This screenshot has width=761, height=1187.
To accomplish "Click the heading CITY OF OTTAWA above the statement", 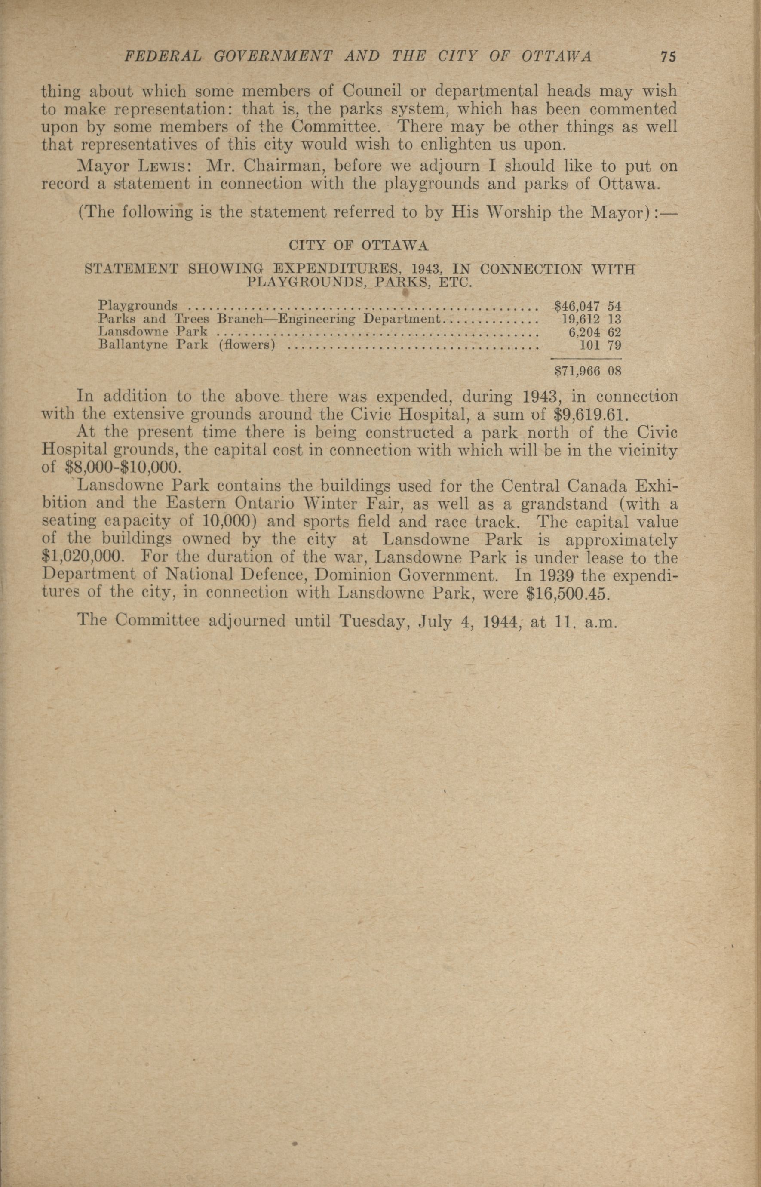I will [358, 246].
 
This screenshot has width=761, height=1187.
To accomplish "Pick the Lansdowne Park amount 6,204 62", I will [595, 332].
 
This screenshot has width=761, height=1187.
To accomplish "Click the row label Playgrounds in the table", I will [138, 305].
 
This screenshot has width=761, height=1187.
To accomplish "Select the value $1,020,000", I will [82, 557].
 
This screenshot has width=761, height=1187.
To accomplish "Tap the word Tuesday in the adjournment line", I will [372, 620].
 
